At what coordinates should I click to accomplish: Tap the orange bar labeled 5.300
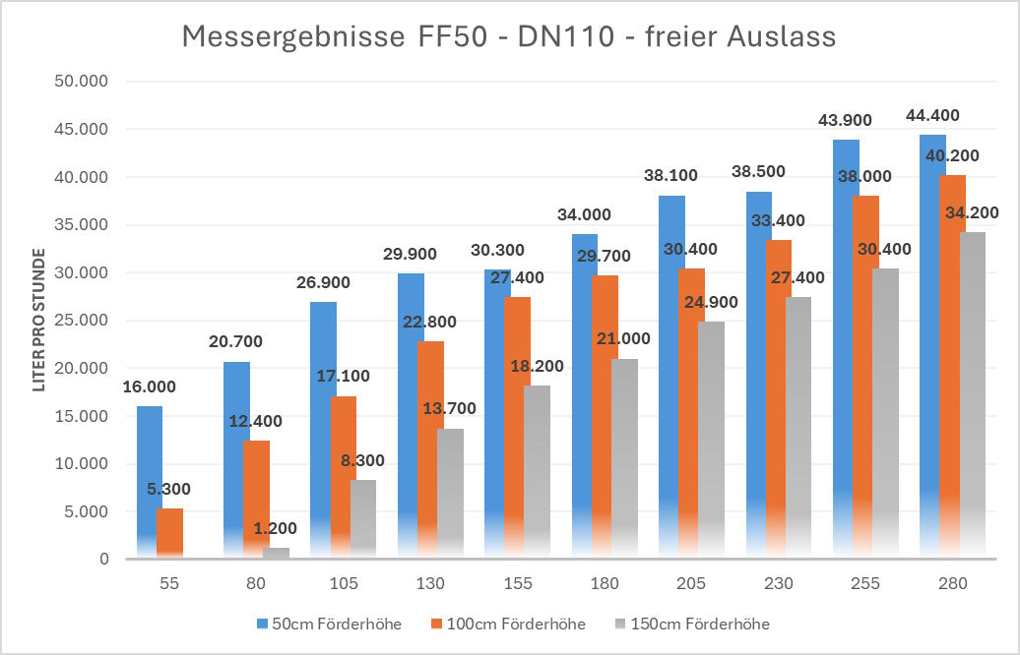coord(169,532)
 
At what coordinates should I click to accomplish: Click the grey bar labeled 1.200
coord(276,553)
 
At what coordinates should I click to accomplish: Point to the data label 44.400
coord(932,115)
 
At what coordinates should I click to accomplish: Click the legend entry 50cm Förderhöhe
coord(329,624)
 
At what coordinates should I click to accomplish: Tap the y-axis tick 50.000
coord(81,82)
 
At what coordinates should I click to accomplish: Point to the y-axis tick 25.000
coord(81,321)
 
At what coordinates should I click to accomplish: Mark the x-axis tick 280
coord(952,583)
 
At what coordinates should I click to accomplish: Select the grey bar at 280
coord(973,393)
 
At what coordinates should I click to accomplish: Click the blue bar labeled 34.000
coord(584,393)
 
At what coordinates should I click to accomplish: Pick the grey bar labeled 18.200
coord(537,472)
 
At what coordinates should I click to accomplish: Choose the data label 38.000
coord(864,176)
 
